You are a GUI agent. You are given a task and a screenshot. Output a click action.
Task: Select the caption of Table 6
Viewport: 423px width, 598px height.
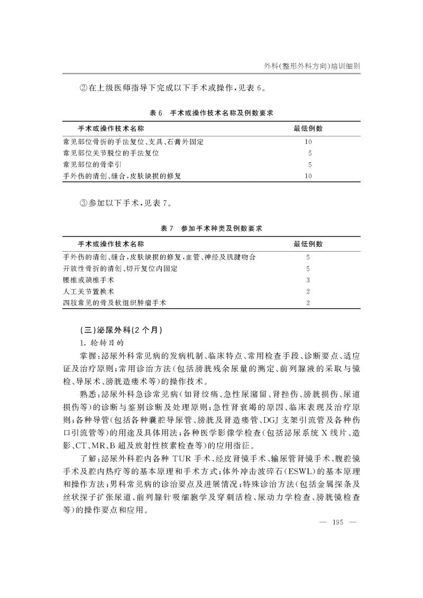click(211, 113)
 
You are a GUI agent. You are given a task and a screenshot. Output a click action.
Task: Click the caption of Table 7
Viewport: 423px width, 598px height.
click(211, 228)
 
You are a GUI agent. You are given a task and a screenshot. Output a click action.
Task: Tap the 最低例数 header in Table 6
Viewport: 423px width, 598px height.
click(308, 128)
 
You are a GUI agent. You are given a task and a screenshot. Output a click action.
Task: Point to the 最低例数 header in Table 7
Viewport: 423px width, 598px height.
click(308, 244)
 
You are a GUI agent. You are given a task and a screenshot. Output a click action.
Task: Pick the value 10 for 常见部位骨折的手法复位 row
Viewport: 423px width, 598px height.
click(308, 142)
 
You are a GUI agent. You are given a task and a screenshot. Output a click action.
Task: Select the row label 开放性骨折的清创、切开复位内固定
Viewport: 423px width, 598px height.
click(120, 269)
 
